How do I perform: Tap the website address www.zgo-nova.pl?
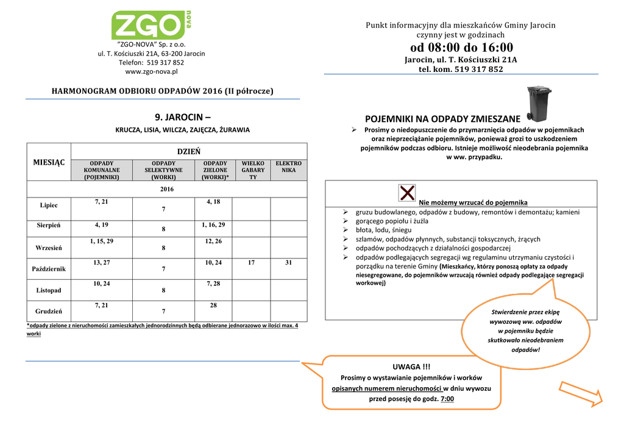click(151, 71)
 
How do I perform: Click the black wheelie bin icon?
click(539, 103)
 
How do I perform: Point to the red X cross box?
click(408, 193)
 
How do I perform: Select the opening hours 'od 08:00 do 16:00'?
click(461, 48)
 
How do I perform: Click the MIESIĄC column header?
click(49, 162)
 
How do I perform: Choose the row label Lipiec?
click(49, 205)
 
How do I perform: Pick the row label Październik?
click(49, 268)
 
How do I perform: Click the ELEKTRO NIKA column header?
click(288, 167)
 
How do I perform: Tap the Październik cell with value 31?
click(288, 263)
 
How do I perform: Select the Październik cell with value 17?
click(252, 263)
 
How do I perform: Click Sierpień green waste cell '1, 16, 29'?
click(213, 225)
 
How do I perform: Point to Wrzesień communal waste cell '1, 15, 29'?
click(101, 241)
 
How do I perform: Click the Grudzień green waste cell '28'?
click(213, 305)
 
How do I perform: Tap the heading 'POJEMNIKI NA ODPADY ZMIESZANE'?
click(442, 118)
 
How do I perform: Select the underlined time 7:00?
click(447, 399)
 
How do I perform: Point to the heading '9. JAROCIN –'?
click(183, 116)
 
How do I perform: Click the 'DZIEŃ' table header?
click(189, 151)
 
